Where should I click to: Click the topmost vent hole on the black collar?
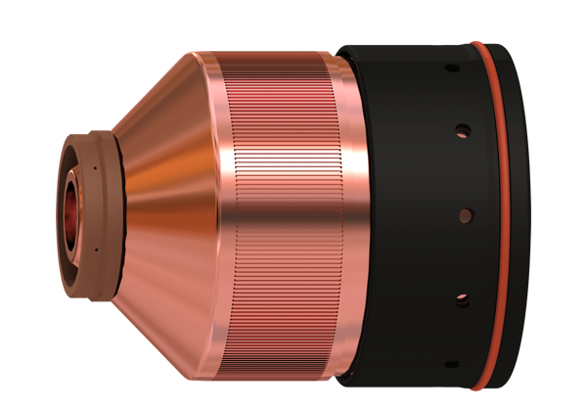click(451, 68)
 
